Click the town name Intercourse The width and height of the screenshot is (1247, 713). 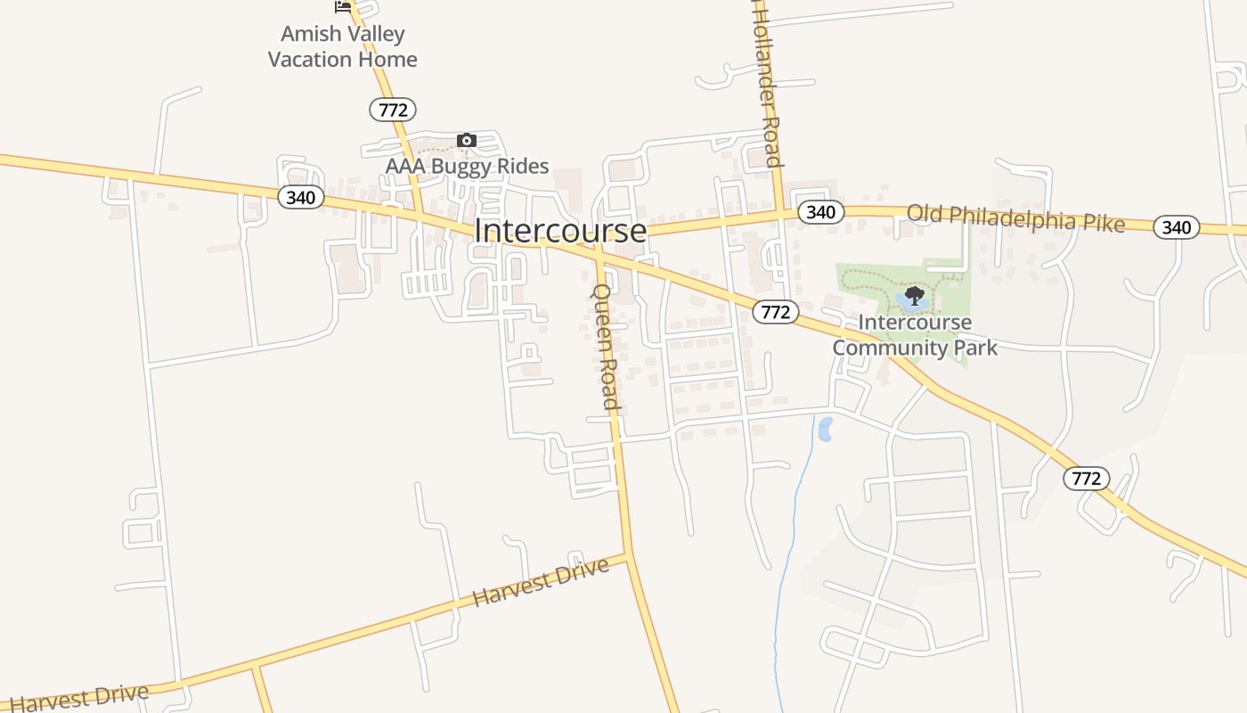560,231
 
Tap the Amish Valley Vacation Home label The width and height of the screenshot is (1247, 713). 343,46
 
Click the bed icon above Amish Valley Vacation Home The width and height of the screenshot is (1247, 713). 343,7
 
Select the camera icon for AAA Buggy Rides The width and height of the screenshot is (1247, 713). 466,141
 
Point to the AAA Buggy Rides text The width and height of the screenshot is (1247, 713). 467,167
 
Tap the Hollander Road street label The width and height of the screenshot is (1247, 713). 766,85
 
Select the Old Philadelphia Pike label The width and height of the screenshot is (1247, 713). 1015,218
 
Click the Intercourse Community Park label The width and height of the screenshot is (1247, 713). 915,334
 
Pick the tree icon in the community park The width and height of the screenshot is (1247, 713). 913,296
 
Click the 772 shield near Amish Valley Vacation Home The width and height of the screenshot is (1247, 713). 393,110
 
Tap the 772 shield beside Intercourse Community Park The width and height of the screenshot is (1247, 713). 776,312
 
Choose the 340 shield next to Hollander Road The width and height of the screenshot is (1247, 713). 820,212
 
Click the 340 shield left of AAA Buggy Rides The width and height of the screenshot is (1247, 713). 300,197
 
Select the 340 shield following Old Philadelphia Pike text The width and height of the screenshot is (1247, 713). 1176,227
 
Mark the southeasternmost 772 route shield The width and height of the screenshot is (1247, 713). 1087,479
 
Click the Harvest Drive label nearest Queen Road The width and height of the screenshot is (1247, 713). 541,582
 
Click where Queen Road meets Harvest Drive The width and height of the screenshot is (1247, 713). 629,556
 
